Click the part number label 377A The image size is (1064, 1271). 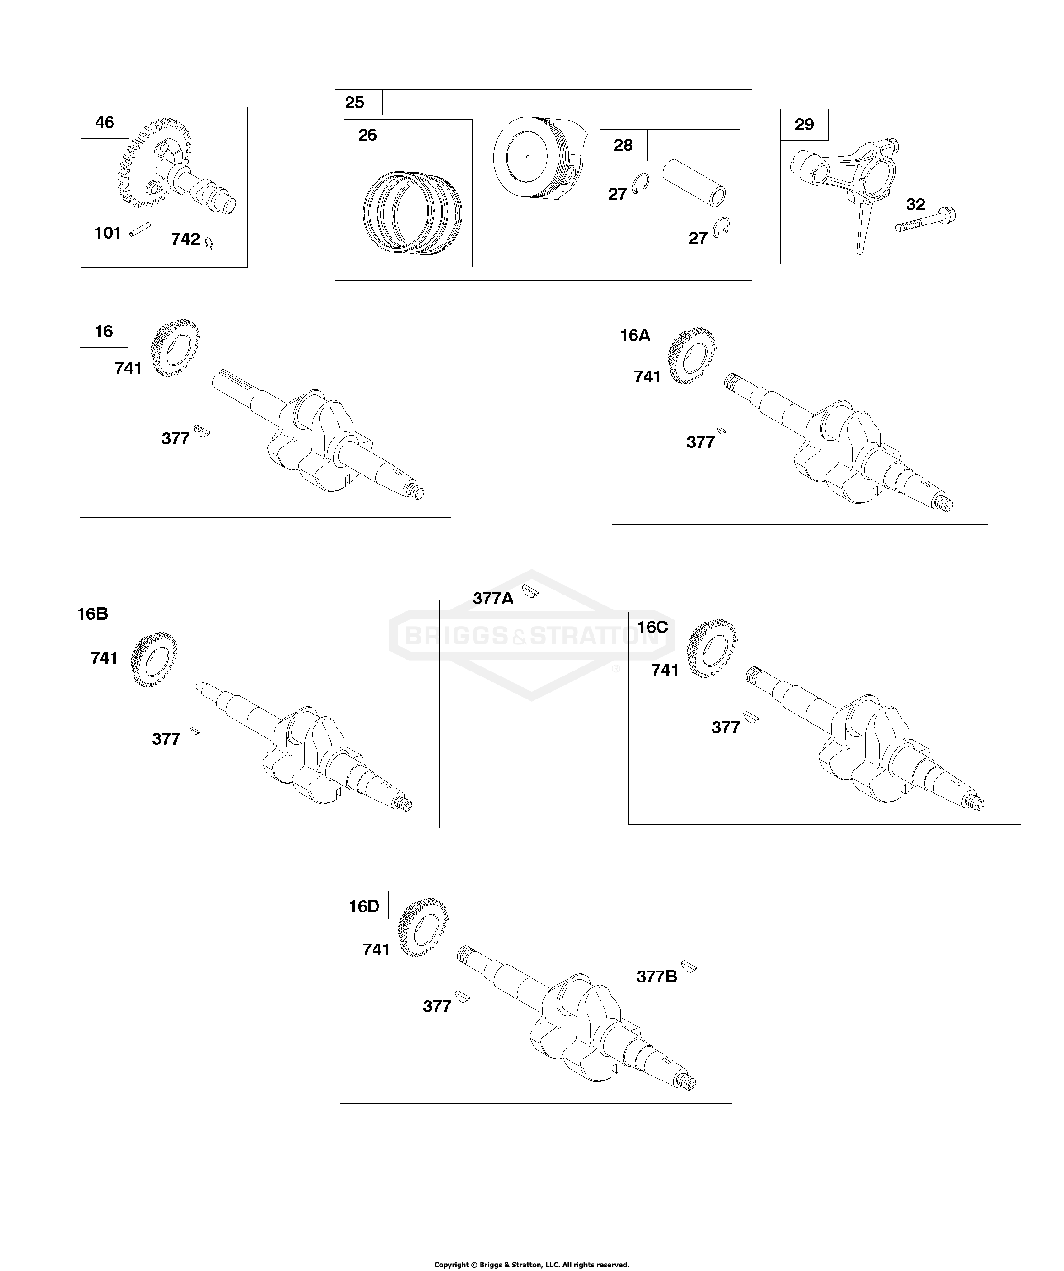click(493, 599)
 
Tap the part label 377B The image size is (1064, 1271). click(657, 977)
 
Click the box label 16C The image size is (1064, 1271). click(653, 627)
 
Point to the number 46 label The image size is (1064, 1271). click(105, 122)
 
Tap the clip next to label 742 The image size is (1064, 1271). click(209, 243)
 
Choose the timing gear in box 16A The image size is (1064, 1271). click(691, 356)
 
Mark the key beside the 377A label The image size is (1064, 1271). click(530, 591)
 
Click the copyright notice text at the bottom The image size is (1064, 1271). click(532, 1264)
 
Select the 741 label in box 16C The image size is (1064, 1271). click(665, 670)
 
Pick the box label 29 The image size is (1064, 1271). click(804, 124)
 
